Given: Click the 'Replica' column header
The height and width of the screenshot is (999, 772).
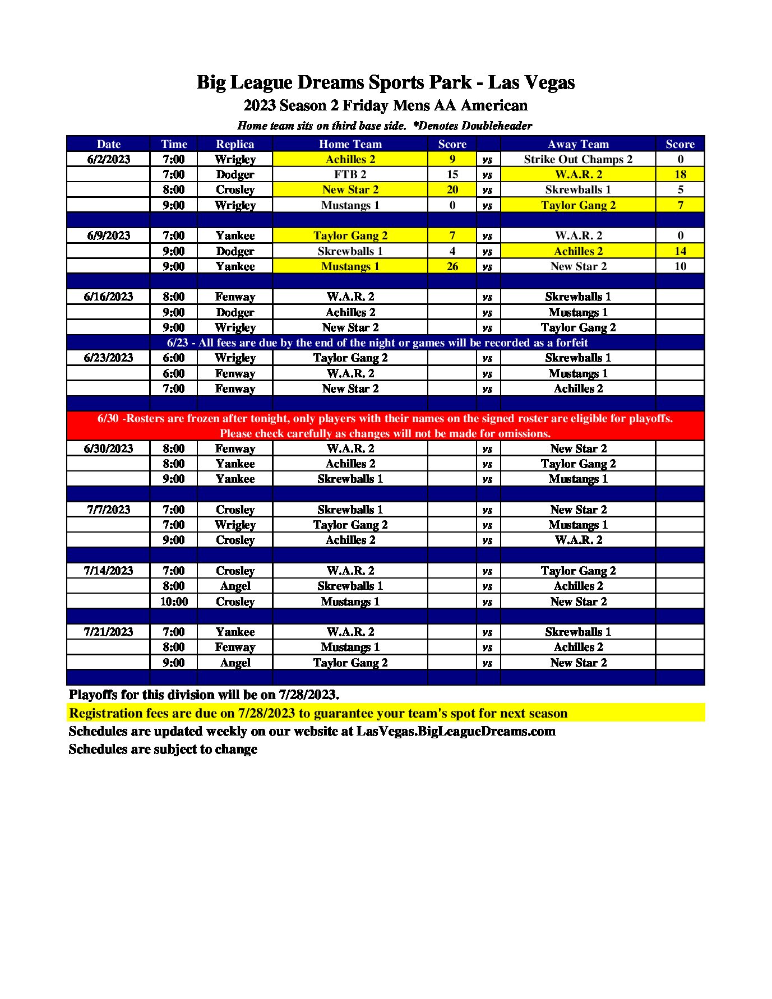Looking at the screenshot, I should point(235,144).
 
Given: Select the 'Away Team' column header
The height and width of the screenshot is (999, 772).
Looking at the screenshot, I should point(578,144).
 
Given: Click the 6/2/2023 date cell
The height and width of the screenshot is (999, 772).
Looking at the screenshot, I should point(109,159).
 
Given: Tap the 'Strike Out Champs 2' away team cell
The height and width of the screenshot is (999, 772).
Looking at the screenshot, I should point(578,159).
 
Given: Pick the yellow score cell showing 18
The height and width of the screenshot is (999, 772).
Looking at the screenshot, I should point(680,174).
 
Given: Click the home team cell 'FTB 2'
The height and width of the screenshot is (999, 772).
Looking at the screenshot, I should point(350,174).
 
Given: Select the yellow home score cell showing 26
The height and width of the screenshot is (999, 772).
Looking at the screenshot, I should point(452,266).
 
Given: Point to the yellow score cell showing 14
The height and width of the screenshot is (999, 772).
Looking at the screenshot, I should point(680,251).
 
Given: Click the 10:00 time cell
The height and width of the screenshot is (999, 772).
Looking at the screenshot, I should point(174,602).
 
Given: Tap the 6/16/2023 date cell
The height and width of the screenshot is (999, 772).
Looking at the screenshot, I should point(109,297).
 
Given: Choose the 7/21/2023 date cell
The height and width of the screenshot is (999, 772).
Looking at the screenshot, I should point(109,632).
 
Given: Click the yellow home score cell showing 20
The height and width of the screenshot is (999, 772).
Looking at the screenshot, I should point(452,189).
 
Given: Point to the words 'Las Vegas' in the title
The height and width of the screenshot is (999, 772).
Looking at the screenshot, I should point(531,82).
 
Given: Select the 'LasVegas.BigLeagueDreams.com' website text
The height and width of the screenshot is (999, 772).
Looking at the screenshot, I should point(456,731).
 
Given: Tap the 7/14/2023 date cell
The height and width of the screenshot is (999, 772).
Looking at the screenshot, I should point(109,571).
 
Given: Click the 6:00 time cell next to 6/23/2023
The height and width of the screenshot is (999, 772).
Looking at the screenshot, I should point(174,358).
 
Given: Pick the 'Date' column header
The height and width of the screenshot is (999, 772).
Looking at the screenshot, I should point(109,144).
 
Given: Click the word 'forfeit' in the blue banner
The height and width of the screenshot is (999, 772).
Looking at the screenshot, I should point(569,343).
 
